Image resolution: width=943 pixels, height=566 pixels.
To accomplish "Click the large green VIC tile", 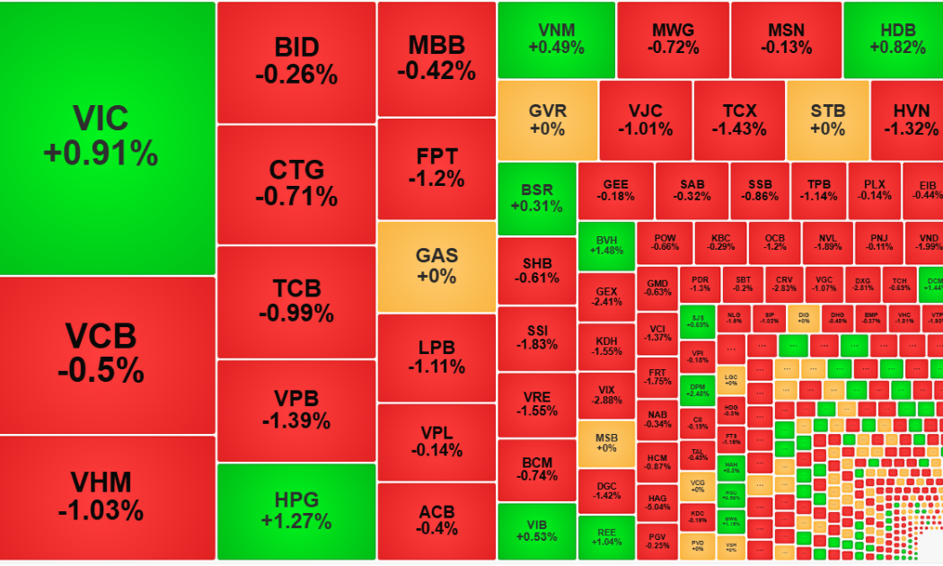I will click(x=108, y=137).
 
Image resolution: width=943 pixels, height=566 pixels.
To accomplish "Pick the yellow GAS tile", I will click(x=436, y=266).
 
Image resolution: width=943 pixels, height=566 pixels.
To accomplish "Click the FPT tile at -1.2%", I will click(x=436, y=167).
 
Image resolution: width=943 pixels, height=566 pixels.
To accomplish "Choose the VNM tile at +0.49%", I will click(x=556, y=39).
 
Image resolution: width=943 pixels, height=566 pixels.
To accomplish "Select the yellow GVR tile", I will click(x=547, y=120).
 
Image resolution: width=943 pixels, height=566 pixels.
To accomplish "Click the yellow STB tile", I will click(x=827, y=120).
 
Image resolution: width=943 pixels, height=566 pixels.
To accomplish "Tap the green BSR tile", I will click(x=537, y=199).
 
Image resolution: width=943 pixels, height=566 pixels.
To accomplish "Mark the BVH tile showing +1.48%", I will click(x=606, y=243).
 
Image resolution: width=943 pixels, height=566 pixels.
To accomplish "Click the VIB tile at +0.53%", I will click(x=537, y=531).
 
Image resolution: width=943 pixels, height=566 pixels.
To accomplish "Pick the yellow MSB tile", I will click(x=606, y=443).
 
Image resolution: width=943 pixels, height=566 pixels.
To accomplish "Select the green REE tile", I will click(x=606, y=536).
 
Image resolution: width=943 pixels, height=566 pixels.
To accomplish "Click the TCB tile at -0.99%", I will click(x=296, y=302).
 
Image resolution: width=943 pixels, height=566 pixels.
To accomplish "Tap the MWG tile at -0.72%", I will click(x=674, y=39).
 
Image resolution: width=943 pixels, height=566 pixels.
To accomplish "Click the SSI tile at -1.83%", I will click(x=537, y=338).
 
